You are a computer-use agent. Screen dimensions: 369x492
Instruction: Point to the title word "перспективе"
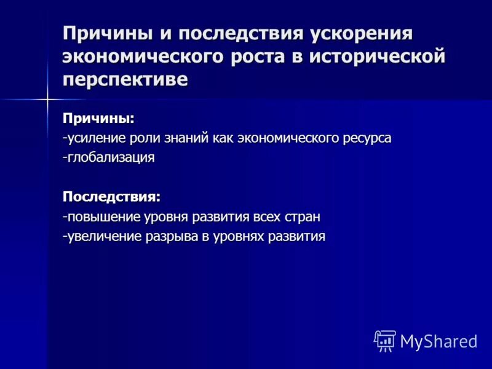[125, 80]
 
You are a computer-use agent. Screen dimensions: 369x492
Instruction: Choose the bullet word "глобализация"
[110, 157]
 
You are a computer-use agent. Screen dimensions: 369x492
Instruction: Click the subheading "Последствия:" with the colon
[111, 197]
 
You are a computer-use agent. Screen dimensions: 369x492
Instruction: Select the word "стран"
[302, 217]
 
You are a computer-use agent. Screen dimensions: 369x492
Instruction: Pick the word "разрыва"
[172, 237]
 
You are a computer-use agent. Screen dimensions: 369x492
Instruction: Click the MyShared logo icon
[385, 340]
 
